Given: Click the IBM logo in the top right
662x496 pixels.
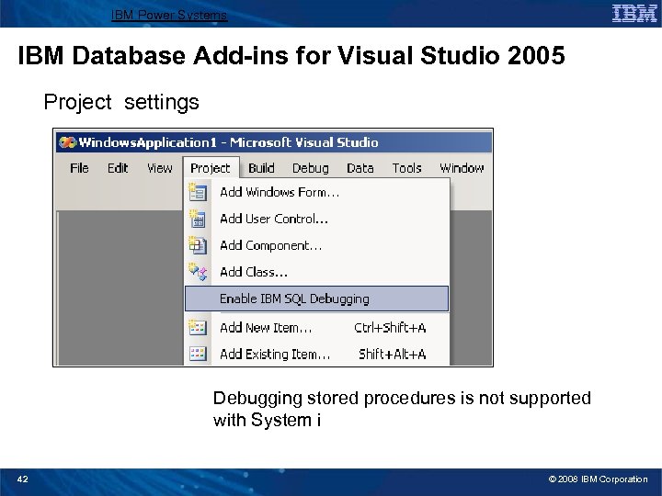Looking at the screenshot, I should (x=634, y=13).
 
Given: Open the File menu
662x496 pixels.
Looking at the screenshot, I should (x=79, y=168).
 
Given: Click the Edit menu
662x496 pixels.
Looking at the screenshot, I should (x=118, y=168).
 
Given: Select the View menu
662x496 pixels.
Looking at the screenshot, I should (x=159, y=168).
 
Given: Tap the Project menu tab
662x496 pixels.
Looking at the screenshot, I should (x=211, y=168).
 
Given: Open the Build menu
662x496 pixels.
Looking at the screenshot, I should (x=261, y=168).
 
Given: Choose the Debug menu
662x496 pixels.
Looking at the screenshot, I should (x=310, y=168).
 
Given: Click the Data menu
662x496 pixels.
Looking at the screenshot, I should (x=360, y=168).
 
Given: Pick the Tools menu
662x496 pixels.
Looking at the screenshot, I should (x=406, y=168).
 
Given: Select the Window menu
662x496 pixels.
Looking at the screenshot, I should (x=461, y=168).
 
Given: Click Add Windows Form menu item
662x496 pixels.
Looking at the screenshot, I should (x=280, y=193).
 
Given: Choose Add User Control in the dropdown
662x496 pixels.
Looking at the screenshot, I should (x=274, y=219).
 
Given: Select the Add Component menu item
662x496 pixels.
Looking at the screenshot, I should (x=270, y=245).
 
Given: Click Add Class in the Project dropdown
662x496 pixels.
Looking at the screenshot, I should (x=254, y=272).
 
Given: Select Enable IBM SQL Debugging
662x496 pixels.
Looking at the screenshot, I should (x=294, y=299).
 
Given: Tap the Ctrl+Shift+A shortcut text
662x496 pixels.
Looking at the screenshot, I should (x=390, y=327).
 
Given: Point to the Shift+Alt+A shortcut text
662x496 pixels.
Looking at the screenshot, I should (x=392, y=354).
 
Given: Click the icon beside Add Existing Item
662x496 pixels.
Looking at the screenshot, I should (x=198, y=354).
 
